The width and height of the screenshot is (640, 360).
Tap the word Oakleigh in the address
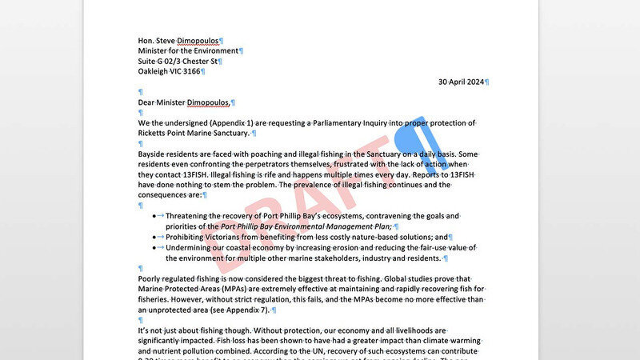pos(156,71)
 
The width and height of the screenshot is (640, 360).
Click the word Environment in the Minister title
pos(210,51)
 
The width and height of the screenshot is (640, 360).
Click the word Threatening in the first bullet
pos(192,216)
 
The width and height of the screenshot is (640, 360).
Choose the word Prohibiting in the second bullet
pos(191,237)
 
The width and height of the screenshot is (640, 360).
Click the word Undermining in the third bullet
pos(195,247)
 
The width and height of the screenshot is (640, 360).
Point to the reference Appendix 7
pos(247,310)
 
